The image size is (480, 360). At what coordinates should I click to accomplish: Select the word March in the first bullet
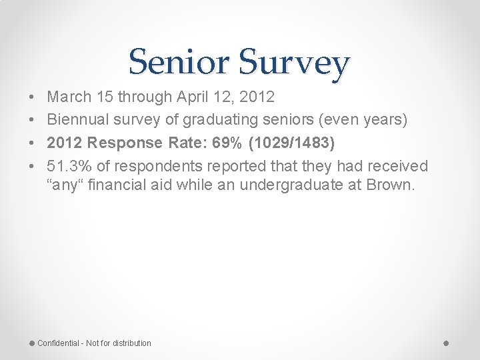[69, 97]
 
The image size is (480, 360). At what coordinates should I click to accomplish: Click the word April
[191, 97]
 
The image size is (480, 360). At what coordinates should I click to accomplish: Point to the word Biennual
[77, 120]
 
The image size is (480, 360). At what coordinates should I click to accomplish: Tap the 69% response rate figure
[213, 143]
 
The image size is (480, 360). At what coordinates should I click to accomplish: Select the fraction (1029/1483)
[290, 143]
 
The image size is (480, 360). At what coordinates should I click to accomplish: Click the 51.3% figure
[70, 165]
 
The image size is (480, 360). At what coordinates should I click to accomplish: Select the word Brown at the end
[391, 185]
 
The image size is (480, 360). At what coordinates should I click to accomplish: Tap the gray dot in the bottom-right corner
[446, 343]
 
